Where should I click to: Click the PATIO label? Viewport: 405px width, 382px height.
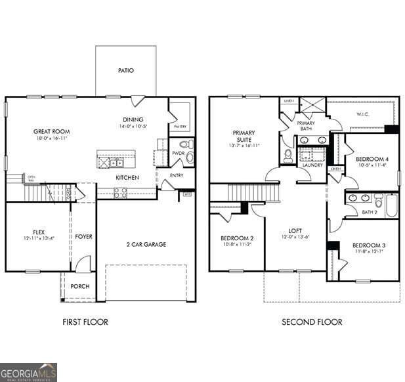(126, 70)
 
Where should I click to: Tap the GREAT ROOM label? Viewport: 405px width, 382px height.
(51, 131)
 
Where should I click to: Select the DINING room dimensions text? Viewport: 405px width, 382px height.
(133, 127)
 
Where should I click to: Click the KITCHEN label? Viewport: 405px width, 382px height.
(127, 178)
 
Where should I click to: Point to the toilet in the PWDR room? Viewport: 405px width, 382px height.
(185, 144)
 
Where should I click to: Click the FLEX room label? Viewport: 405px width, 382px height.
(39, 232)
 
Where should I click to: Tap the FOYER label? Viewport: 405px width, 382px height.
(83, 236)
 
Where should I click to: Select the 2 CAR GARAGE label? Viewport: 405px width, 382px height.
(146, 244)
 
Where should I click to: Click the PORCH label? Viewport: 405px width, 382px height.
(80, 286)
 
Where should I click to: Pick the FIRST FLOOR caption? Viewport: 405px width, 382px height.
(85, 322)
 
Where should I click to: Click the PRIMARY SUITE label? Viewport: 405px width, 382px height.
(244, 136)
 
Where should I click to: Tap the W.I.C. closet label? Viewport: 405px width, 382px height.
(364, 116)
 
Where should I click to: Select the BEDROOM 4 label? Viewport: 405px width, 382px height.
(372, 159)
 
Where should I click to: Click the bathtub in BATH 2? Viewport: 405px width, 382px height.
(391, 205)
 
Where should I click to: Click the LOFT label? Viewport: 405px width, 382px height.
(295, 231)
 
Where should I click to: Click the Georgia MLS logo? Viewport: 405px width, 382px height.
(28, 372)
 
